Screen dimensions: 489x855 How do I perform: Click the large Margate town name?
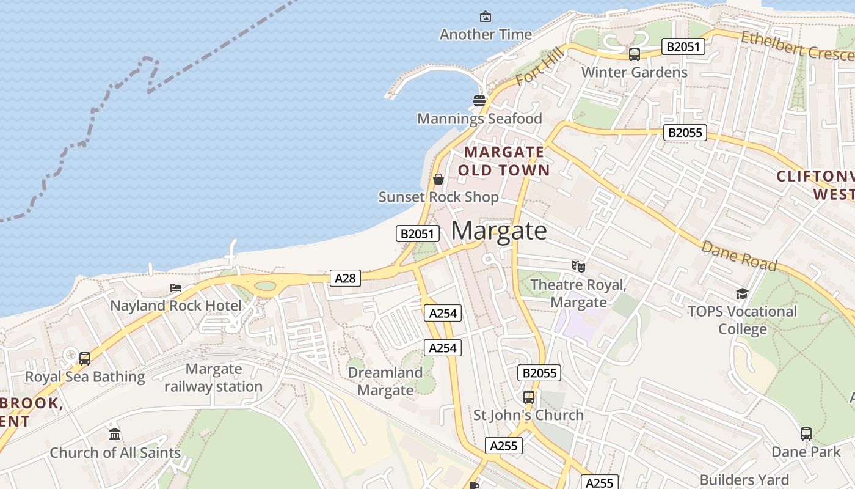499,231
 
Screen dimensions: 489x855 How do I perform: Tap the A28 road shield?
345,278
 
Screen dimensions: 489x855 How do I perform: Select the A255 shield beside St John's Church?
504,446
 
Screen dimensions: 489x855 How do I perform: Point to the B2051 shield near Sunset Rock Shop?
418,233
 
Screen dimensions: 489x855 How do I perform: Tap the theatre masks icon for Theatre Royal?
578,266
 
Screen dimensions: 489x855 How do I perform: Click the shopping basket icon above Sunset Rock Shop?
438,179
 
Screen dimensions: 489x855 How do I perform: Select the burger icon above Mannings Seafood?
479,100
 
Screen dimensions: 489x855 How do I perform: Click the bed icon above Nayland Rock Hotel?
176,287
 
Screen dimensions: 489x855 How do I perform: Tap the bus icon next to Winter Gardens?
635,54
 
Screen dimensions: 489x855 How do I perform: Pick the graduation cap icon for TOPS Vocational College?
742,294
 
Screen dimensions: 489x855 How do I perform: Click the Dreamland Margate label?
385,381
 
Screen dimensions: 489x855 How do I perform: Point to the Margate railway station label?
214,378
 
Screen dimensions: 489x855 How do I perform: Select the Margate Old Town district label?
504,161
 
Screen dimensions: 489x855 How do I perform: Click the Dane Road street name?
739,256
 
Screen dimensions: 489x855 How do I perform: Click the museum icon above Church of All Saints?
115,435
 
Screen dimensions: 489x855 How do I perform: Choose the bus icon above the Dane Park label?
806,434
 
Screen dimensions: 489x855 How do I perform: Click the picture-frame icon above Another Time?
486,17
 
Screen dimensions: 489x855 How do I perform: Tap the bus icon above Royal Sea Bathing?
85,358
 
